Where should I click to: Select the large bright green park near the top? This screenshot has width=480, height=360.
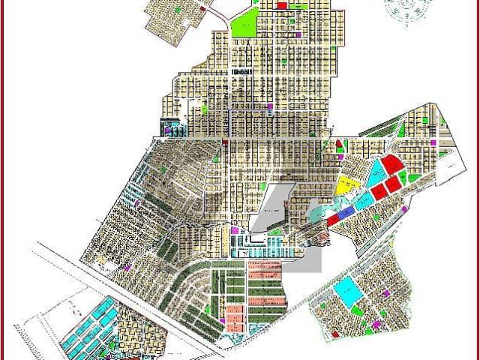point(244,25)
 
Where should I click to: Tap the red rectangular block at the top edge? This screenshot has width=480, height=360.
point(282,6)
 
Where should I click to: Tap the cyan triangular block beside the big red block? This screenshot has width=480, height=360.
point(373,174)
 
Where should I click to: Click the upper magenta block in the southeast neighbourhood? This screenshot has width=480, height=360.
point(386,293)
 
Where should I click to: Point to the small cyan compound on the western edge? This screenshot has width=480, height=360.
point(171,127)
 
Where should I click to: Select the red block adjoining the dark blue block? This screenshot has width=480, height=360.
point(332,220)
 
